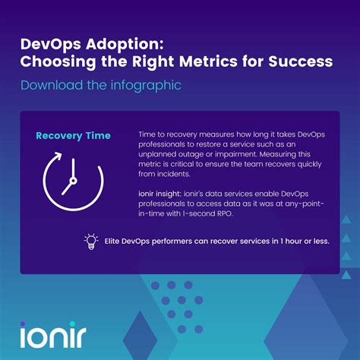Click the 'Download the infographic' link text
(x=101, y=84)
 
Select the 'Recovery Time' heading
(x=73, y=136)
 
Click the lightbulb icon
(x=91, y=242)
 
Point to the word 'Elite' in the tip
(x=115, y=242)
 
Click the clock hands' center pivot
(x=71, y=182)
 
